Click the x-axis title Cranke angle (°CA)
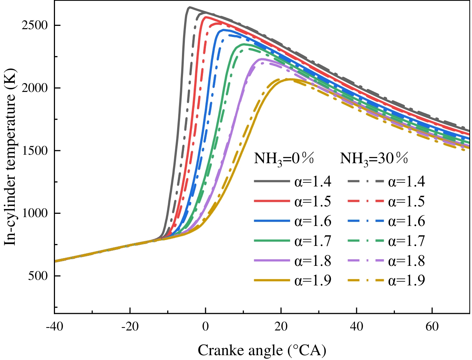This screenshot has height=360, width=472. click(x=262, y=350)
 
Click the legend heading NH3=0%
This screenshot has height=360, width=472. click(x=284, y=159)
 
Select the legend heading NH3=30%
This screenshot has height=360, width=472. click(x=374, y=159)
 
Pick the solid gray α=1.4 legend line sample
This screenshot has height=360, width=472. click(x=272, y=181)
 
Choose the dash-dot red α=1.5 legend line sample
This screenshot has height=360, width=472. click(x=366, y=201)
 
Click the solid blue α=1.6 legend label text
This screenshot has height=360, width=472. click(x=313, y=221)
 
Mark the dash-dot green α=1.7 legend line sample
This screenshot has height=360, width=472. click(x=366, y=241)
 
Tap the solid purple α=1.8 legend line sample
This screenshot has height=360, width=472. click(x=272, y=261)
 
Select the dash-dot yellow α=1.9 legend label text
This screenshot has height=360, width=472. click(x=406, y=281)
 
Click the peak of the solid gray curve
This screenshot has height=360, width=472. click(x=189, y=7)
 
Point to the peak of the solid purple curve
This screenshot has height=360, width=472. click(x=261, y=59)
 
